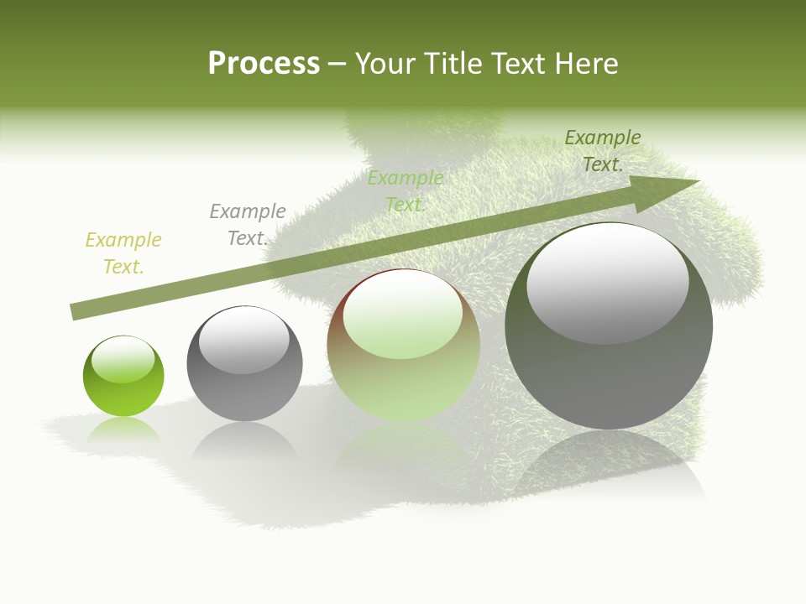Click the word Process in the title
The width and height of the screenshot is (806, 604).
click(264, 64)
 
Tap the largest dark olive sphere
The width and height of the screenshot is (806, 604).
click(609, 377)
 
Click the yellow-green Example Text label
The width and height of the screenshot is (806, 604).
click(123, 253)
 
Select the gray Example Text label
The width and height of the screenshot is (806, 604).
click(248, 225)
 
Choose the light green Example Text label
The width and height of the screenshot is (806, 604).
click(406, 191)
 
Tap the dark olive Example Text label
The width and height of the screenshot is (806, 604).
click(603, 151)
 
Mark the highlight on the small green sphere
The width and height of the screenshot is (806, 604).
click(123, 360)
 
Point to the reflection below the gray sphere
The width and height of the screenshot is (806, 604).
click(243, 440)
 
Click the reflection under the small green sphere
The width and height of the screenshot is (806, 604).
click(123, 429)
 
